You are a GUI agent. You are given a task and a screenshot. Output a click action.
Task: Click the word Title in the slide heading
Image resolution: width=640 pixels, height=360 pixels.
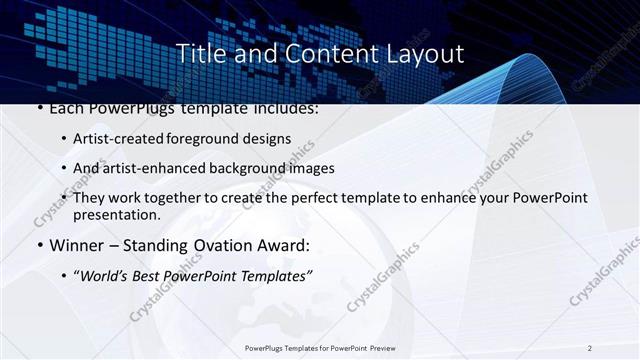tap(200, 54)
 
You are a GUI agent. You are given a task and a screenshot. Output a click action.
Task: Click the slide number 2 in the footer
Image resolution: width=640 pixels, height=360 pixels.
tap(590, 348)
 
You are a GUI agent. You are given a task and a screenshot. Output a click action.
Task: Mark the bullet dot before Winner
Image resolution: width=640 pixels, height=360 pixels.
tap(39, 246)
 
